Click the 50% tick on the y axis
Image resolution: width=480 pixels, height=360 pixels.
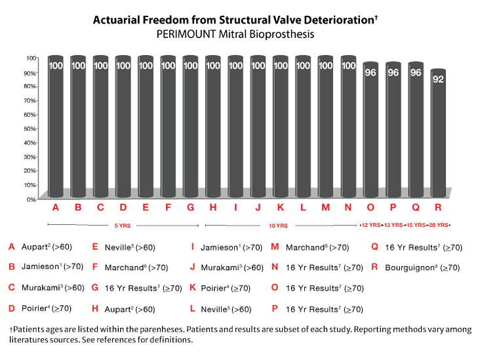(x=30, y=128)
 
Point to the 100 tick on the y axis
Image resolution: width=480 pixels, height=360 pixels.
(x=30, y=58)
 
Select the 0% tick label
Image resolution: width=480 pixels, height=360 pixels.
(x=30, y=199)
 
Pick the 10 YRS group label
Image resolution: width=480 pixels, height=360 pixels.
(x=279, y=225)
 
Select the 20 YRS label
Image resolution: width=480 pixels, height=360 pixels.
(x=437, y=225)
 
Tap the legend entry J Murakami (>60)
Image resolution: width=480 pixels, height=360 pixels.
(x=226, y=268)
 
